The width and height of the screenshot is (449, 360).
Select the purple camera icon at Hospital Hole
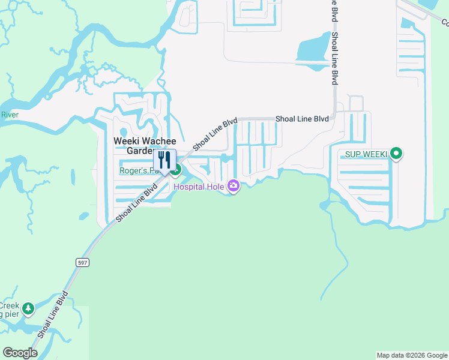pos(234,187)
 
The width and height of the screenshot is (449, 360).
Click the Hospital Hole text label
pos(199,187)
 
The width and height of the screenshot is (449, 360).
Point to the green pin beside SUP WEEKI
pos(396,154)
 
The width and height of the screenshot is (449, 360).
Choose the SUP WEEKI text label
pos(365,154)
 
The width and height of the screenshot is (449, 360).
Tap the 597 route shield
pos(83,263)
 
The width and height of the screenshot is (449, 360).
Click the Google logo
pos(20,353)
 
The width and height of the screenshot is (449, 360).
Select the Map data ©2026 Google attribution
pos(411,355)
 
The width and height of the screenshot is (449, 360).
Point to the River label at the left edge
pos(10,115)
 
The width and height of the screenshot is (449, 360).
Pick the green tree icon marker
pos(28,309)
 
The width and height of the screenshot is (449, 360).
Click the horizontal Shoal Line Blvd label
pos(302,119)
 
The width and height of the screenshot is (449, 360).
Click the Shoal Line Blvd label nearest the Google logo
pos(53,314)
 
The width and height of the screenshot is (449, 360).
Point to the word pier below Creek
pos(9,314)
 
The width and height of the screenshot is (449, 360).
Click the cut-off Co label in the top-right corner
pos(445,22)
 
